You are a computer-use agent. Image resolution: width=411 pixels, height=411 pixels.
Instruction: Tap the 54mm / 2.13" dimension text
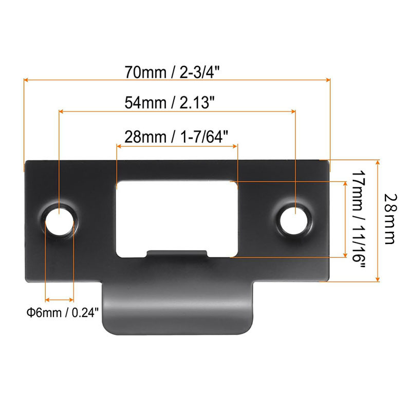coord(170,103)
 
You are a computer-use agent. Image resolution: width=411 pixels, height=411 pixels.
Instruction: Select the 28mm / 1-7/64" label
coord(176,137)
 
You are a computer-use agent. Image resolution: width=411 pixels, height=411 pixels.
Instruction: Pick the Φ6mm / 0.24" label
coord(62,312)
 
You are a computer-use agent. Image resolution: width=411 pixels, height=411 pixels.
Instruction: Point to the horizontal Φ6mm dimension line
coord(59,298)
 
